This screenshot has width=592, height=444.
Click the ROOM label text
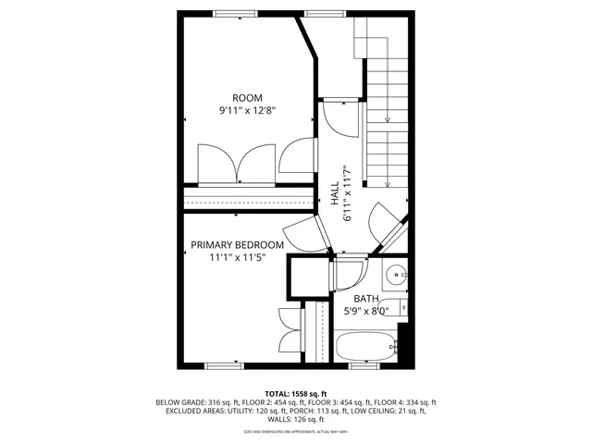(247, 98)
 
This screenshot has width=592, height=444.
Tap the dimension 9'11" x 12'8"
(247, 111)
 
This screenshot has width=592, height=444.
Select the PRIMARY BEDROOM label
(237, 245)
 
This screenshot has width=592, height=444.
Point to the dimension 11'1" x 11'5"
(237, 258)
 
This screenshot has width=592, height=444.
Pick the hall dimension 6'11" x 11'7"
(348, 193)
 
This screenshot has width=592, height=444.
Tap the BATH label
(365, 299)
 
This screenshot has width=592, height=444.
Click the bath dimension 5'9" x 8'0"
(365, 312)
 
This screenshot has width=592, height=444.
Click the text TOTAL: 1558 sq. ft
(295, 393)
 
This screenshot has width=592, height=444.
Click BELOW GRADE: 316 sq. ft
(191, 402)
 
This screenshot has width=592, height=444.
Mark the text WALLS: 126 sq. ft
(295, 421)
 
